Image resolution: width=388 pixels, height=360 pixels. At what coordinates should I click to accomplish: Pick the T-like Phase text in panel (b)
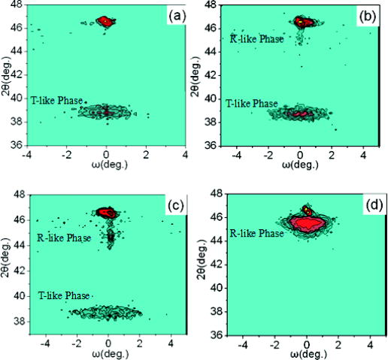point(252,102)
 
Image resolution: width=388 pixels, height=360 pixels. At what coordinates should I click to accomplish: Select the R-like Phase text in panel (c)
point(62,238)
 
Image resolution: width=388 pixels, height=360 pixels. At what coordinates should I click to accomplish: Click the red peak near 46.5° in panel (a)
point(105,22)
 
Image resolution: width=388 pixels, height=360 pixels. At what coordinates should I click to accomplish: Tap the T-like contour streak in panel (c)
point(105,311)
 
